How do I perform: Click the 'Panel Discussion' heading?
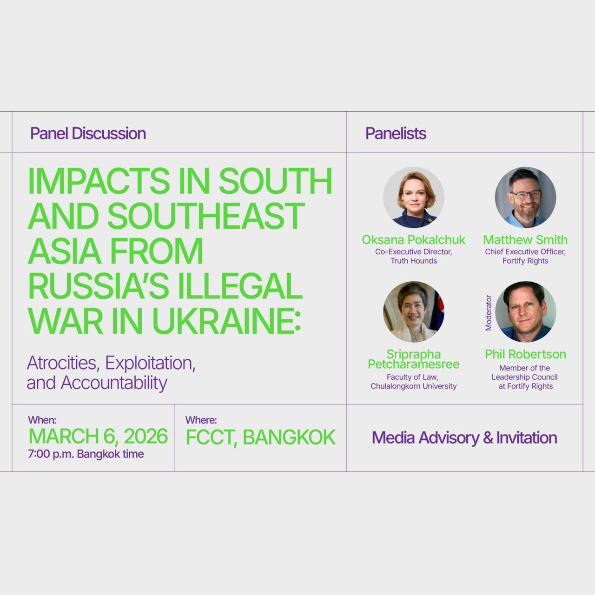[x=88, y=133]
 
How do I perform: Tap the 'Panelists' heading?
[x=396, y=133]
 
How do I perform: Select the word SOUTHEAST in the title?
[x=206, y=216]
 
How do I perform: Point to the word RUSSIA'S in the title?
[x=99, y=286]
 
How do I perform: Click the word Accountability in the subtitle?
[x=114, y=383]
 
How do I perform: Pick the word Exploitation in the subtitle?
[x=150, y=364]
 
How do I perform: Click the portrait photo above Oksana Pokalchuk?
[x=414, y=198]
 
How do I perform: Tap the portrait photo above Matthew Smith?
[x=526, y=198]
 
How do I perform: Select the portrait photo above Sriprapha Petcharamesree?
[x=414, y=312]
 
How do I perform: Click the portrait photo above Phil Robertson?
[x=526, y=312]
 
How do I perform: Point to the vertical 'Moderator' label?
[x=488, y=313]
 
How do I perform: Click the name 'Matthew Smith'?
[x=525, y=239]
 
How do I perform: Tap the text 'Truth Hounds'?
[x=414, y=261]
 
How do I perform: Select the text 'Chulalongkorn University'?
[x=413, y=386]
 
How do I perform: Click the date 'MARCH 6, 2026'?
[x=98, y=436]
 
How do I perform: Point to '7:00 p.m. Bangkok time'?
[x=86, y=454]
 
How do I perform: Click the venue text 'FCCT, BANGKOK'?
[x=261, y=437]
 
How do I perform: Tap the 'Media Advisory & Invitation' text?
[x=464, y=438]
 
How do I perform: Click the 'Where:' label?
[x=201, y=420]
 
